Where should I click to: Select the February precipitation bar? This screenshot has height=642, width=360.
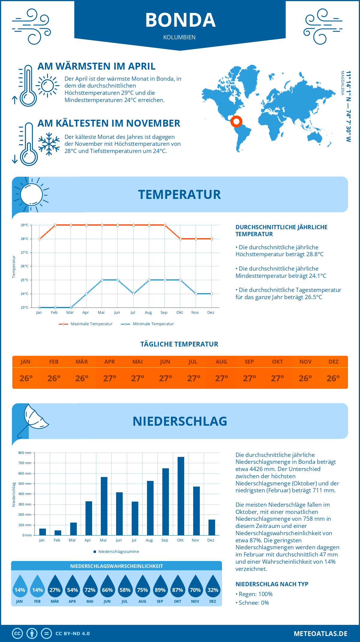pos(58,532)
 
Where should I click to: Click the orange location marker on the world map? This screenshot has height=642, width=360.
pos(236,121)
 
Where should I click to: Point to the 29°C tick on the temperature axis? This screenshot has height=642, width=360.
pos(25,225)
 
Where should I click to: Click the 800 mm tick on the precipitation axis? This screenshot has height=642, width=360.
pos(25,453)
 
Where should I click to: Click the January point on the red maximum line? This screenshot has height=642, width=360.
pos(40,239)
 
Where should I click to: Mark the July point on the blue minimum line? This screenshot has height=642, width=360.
pos(133,294)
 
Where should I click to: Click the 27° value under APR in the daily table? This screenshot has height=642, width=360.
pos(109,378)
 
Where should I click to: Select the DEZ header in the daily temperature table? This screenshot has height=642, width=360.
pos(333,362)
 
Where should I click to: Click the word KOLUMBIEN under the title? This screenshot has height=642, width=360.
pos(179,37)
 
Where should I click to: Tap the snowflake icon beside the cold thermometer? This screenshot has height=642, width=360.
pos(49,144)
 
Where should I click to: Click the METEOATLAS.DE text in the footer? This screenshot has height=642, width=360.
pos(320,634)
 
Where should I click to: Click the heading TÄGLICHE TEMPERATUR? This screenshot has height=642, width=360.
pos(179,344)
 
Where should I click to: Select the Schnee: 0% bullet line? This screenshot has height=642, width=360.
pos(253,603)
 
